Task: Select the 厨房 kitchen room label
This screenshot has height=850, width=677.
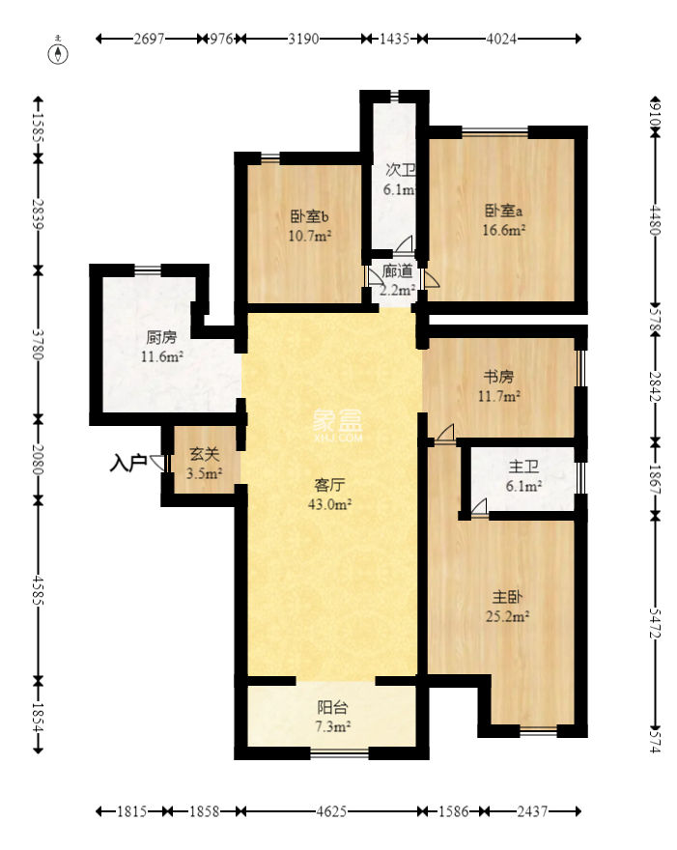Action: pyautogui.click(x=161, y=337)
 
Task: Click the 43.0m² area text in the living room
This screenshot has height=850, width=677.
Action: pyautogui.click(x=330, y=504)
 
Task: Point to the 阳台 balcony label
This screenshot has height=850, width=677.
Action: pyautogui.click(x=332, y=707)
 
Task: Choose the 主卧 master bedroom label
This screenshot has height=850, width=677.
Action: pyautogui.click(x=507, y=597)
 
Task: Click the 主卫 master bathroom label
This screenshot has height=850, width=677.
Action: pyautogui.click(x=523, y=467)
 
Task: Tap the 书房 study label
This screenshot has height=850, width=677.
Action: pyautogui.click(x=498, y=376)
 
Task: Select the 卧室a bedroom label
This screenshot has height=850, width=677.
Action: pyautogui.click(x=503, y=211)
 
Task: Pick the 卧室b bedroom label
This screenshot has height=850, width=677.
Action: pyautogui.click(x=309, y=216)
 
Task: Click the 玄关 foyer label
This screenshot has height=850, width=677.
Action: pyautogui.click(x=205, y=454)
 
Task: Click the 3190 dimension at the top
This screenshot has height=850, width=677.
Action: pyautogui.click(x=303, y=39)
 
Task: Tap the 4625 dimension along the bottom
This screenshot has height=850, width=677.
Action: pyautogui.click(x=331, y=811)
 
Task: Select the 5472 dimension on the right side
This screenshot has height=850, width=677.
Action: pyautogui.click(x=656, y=623)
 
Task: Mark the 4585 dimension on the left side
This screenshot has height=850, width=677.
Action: pyautogui.click(x=38, y=589)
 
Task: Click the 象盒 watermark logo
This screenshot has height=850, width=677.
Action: pyautogui.click(x=337, y=424)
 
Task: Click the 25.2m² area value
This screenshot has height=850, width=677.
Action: pyautogui.click(x=507, y=616)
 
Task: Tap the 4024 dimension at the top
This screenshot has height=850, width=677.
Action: pyautogui.click(x=501, y=39)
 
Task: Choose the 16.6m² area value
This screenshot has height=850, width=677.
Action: pyautogui.click(x=504, y=230)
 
